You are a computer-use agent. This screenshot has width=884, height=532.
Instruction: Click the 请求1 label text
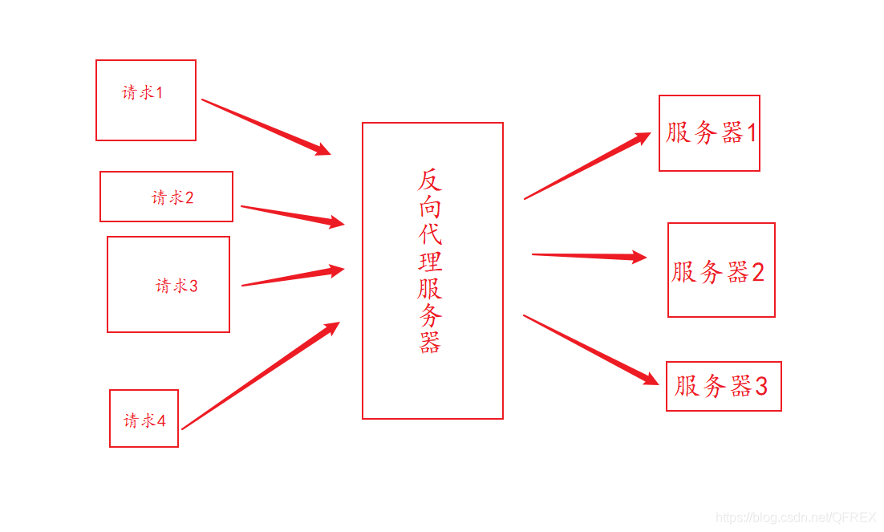pyautogui.click(x=143, y=92)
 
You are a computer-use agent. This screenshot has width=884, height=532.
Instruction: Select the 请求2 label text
pyautogui.click(x=172, y=197)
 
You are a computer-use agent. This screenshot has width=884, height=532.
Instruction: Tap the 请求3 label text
pyautogui.click(x=176, y=286)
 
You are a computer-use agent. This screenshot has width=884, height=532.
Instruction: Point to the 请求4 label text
pyautogui.click(x=144, y=420)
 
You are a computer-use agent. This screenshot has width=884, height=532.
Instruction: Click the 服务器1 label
pyautogui.click(x=711, y=133)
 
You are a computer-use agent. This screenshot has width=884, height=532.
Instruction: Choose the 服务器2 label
pyautogui.click(x=718, y=272)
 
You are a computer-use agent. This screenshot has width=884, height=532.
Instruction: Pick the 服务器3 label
pyautogui.click(x=720, y=386)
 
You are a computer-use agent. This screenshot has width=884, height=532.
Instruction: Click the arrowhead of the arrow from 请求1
pyautogui.click(x=322, y=149)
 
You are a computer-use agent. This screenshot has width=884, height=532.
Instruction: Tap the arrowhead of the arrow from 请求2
pyautogui.click(x=336, y=222)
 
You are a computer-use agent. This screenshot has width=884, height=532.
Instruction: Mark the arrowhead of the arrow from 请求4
pyautogui.click(x=331, y=328)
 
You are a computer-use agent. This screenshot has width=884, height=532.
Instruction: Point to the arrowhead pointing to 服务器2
pyautogui.click(x=639, y=258)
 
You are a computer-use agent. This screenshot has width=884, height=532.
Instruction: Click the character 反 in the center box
pyautogui.click(x=430, y=181)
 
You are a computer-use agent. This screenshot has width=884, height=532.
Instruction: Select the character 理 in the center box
pyautogui.click(x=430, y=262)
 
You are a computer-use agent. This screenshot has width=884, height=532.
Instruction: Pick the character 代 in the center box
pyautogui.click(x=430, y=234)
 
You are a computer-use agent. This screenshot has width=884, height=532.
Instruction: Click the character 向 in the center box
pyautogui.click(x=430, y=207)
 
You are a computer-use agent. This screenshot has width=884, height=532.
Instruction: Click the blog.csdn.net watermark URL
pyautogui.click(x=795, y=518)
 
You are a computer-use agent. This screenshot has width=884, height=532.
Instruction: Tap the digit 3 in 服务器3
pyautogui.click(x=760, y=387)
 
